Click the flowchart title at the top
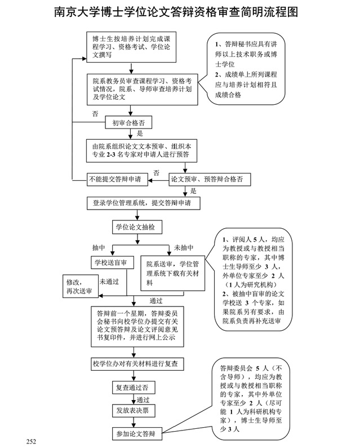[x=180, y=12]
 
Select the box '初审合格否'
[x=128, y=121]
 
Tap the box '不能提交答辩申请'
[x=117, y=180]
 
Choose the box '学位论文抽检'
[x=135, y=227]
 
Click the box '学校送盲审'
[x=110, y=262]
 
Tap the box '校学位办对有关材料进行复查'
[x=137, y=364]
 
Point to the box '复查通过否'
[x=132, y=388]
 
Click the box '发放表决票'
[x=132, y=411]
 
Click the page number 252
[x=31, y=440]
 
